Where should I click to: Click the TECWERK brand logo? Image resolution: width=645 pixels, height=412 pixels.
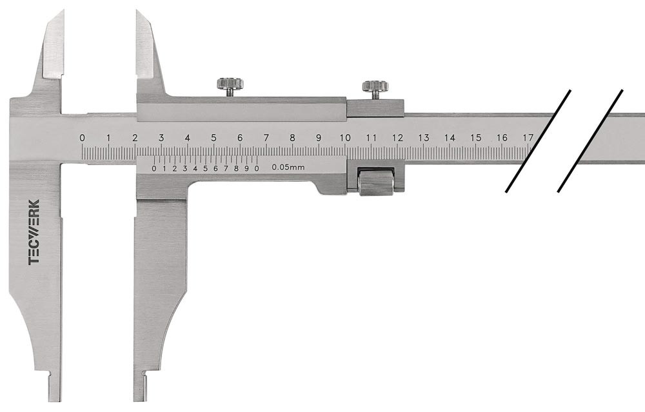click(34, 232)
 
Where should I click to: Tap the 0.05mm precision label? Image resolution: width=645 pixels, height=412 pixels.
click(288, 168)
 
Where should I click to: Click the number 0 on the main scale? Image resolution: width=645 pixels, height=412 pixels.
click(83, 138)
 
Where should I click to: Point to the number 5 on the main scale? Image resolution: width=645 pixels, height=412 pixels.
click(213, 138)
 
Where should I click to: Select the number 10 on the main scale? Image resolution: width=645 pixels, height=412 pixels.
click(345, 138)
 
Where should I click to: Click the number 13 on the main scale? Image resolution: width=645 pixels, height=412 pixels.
click(424, 138)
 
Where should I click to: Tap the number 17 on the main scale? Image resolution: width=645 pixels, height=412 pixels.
click(528, 138)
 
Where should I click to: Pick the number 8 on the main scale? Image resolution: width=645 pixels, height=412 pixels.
click(292, 138)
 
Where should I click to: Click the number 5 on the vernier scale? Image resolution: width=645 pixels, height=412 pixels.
click(205, 168)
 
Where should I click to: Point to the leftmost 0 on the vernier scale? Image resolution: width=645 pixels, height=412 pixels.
click(154, 168)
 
